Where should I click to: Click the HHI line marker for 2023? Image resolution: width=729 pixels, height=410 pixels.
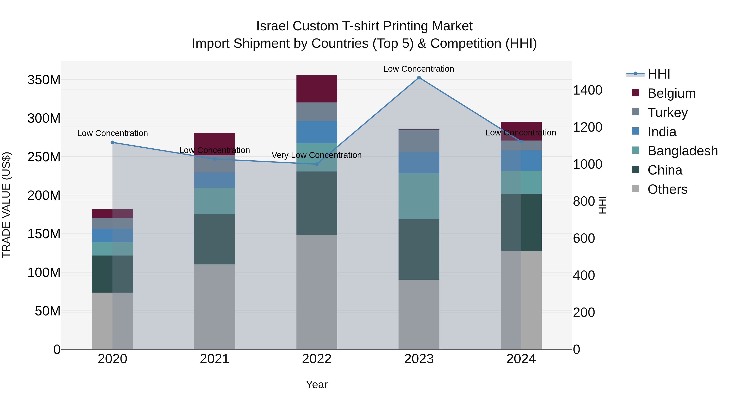(419, 78)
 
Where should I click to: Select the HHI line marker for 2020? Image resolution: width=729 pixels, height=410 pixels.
(112, 142)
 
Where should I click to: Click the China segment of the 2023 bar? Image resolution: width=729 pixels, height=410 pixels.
(419, 250)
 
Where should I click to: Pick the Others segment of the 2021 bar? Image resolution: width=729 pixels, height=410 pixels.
(214, 307)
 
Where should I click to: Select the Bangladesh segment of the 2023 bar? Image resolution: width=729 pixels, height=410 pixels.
(419, 196)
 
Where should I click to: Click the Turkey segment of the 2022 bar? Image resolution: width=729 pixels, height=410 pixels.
(317, 112)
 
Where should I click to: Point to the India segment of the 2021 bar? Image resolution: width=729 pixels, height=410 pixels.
(214, 180)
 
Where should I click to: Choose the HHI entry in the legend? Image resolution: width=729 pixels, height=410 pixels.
(659, 74)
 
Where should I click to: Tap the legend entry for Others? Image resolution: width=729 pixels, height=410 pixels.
(667, 189)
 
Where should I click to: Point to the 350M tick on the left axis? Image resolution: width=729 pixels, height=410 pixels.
(44, 80)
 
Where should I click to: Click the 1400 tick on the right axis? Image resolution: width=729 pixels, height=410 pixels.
(587, 90)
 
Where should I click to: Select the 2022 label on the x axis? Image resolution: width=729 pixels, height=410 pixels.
(317, 359)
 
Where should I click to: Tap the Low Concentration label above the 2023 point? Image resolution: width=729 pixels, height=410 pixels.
(419, 69)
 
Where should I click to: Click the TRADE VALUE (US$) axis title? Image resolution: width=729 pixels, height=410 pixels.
(6, 205)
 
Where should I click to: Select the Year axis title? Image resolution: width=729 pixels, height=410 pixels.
(317, 384)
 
